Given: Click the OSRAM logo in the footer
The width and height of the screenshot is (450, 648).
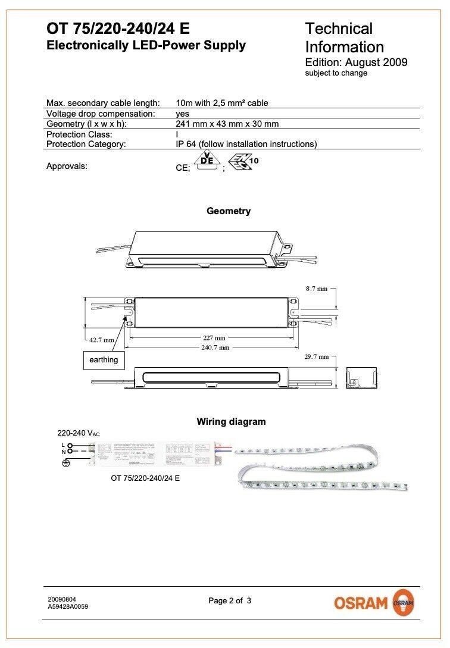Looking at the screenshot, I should pyautogui.click(x=374, y=602).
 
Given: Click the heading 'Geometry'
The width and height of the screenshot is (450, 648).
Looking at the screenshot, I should pyautogui.click(x=229, y=211).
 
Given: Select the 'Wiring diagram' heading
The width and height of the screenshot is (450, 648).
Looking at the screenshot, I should pyautogui.click(x=231, y=422).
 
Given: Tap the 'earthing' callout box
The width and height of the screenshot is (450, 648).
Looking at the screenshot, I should pyautogui.click(x=104, y=360).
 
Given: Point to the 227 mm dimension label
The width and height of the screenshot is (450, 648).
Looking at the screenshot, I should pyautogui.click(x=214, y=337).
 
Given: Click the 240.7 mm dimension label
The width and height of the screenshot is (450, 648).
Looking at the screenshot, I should pyautogui.click(x=215, y=348).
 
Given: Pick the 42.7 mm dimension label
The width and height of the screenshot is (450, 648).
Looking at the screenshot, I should pyautogui.click(x=101, y=340).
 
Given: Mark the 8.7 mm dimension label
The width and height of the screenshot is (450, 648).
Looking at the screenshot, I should pyautogui.click(x=317, y=289).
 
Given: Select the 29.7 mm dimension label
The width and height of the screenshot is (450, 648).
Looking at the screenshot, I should pyautogui.click(x=317, y=357).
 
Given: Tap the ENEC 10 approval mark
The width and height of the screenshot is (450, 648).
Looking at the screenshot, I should pyautogui.click(x=243, y=162).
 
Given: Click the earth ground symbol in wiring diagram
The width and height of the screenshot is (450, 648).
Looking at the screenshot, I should pyautogui.click(x=67, y=462).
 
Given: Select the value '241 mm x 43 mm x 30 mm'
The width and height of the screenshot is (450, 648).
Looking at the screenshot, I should pyautogui.click(x=227, y=124).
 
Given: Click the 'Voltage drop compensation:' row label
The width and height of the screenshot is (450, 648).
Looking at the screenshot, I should pyautogui.click(x=101, y=113).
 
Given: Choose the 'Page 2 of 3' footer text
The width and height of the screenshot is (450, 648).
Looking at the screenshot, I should pyautogui.click(x=230, y=601).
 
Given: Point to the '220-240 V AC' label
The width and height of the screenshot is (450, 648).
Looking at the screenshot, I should pyautogui.click(x=79, y=434).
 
